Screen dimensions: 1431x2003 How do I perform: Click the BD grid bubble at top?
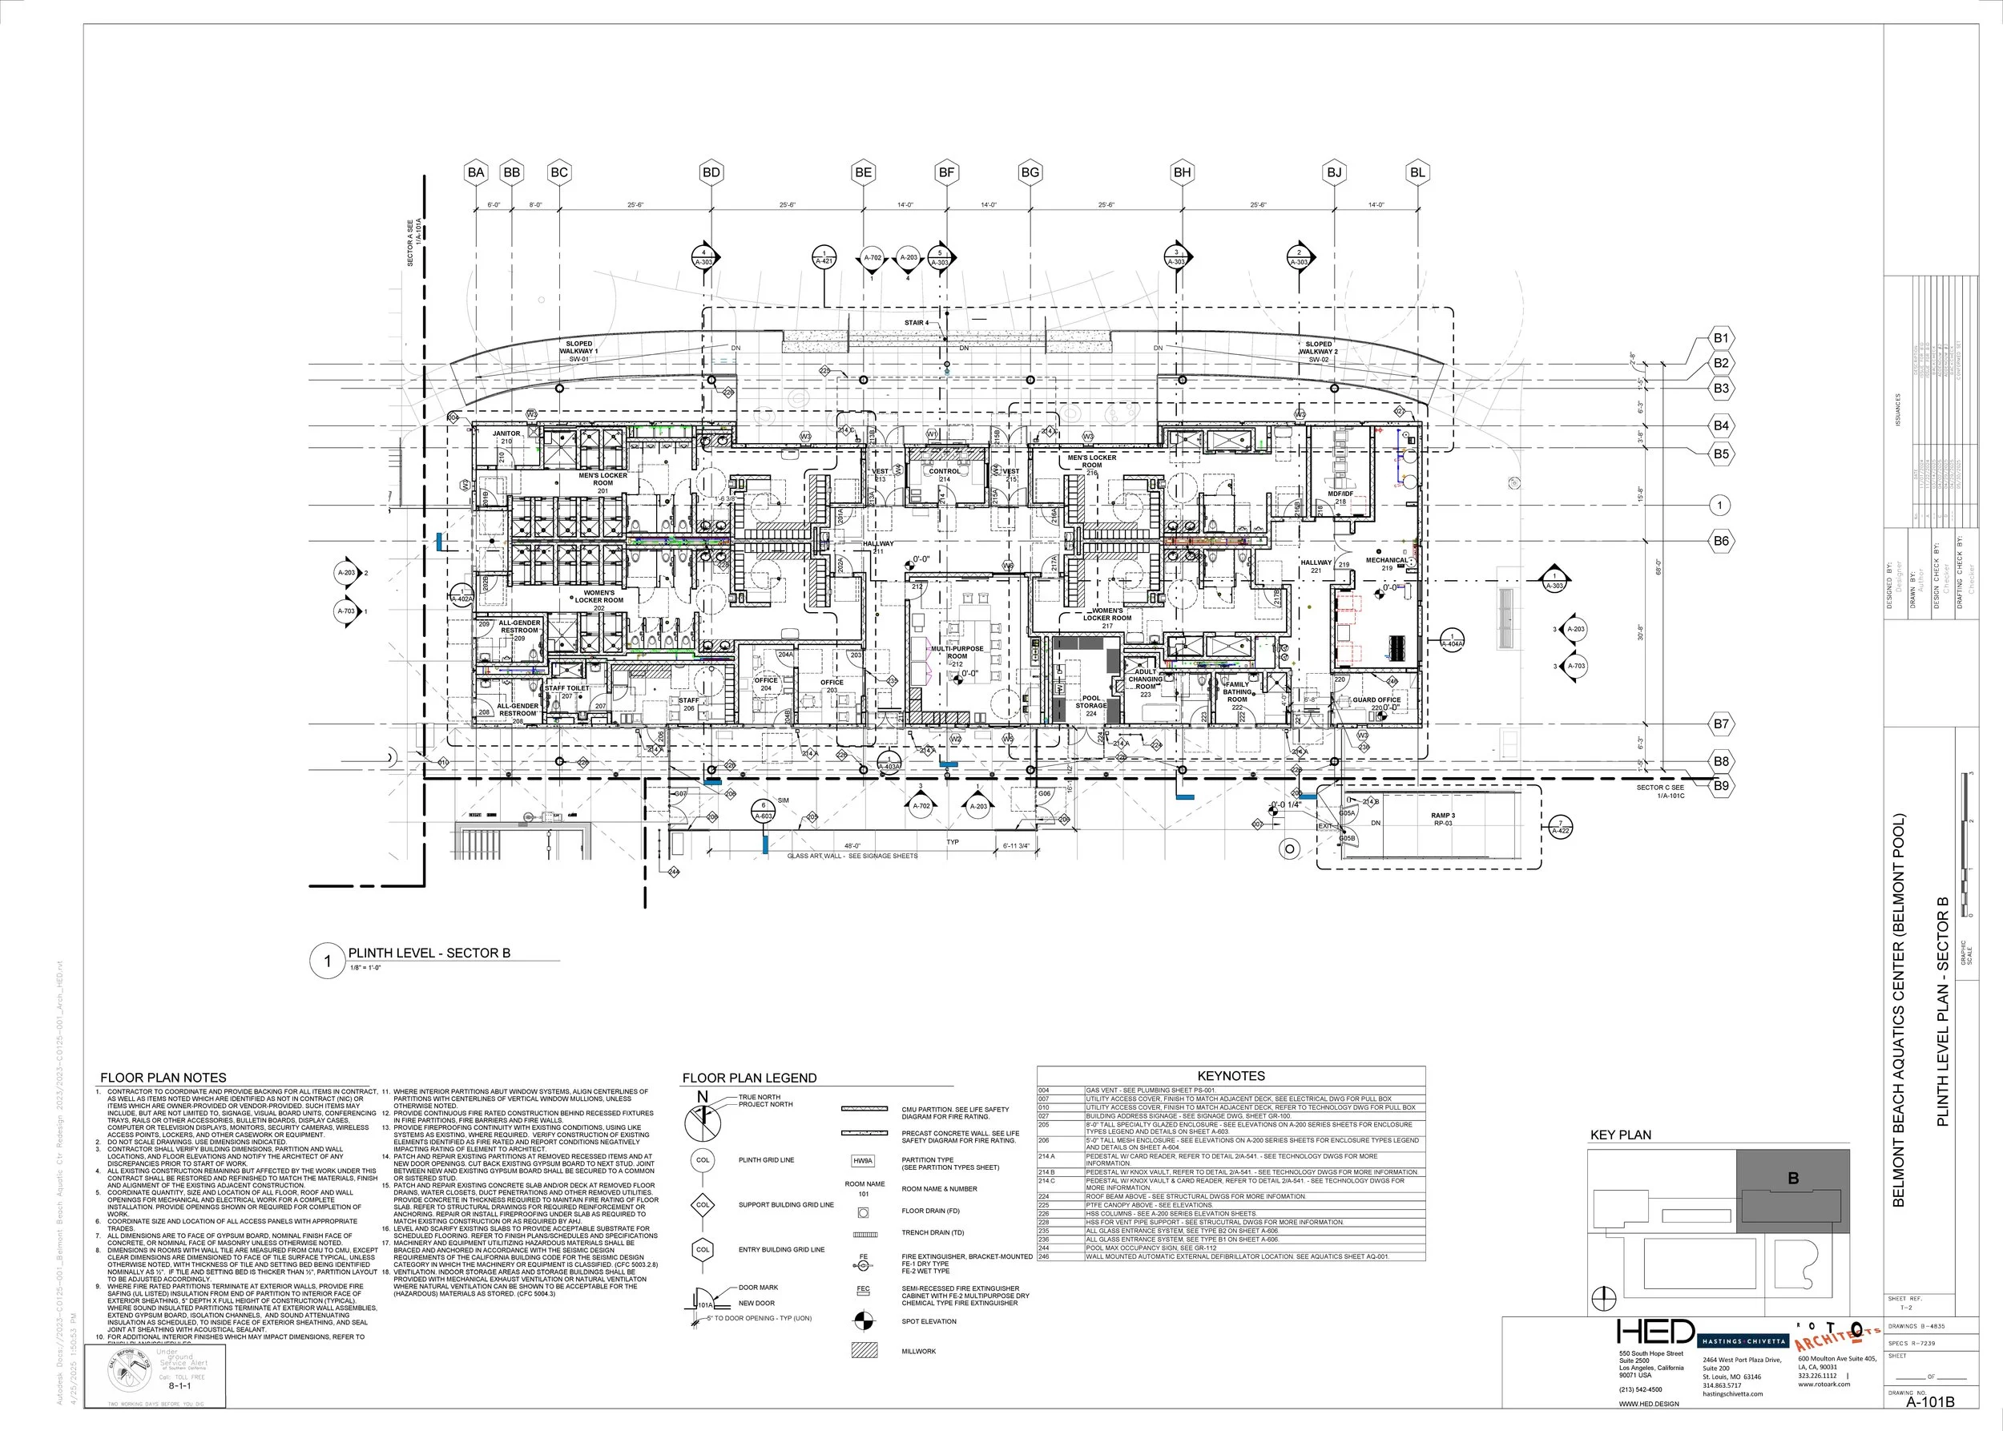(x=711, y=173)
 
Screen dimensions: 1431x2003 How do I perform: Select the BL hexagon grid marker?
(x=1417, y=173)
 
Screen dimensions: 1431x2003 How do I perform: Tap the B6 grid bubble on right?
(x=1721, y=541)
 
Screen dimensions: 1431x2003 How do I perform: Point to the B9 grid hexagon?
(x=1721, y=785)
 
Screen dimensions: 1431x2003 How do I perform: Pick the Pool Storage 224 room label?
(x=1091, y=706)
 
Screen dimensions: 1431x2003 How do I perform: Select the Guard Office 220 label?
(x=1376, y=703)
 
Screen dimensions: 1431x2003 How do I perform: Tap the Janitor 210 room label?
(x=506, y=437)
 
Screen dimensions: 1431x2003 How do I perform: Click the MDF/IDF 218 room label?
(x=1340, y=497)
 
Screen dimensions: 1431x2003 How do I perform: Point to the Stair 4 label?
(x=916, y=323)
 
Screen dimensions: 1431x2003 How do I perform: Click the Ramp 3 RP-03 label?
(x=1442, y=820)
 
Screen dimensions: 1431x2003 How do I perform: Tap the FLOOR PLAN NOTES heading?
(x=163, y=1078)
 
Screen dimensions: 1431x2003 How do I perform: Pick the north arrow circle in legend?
(x=703, y=1121)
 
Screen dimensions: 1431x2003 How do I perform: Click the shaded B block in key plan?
(x=1792, y=1190)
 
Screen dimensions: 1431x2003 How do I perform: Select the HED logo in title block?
(x=1656, y=1333)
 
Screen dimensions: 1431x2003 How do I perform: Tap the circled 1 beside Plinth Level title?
(x=328, y=961)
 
